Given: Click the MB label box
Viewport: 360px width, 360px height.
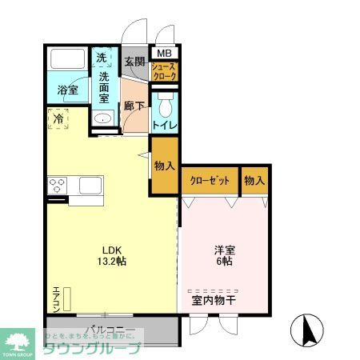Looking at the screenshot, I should point(164,54).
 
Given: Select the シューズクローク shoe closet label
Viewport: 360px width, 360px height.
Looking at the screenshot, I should point(165,73).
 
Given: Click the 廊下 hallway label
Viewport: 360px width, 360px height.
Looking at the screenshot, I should point(134,105).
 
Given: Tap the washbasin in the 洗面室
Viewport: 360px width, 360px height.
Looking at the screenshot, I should point(103,119).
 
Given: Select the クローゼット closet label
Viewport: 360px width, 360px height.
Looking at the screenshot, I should point(210,181).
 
